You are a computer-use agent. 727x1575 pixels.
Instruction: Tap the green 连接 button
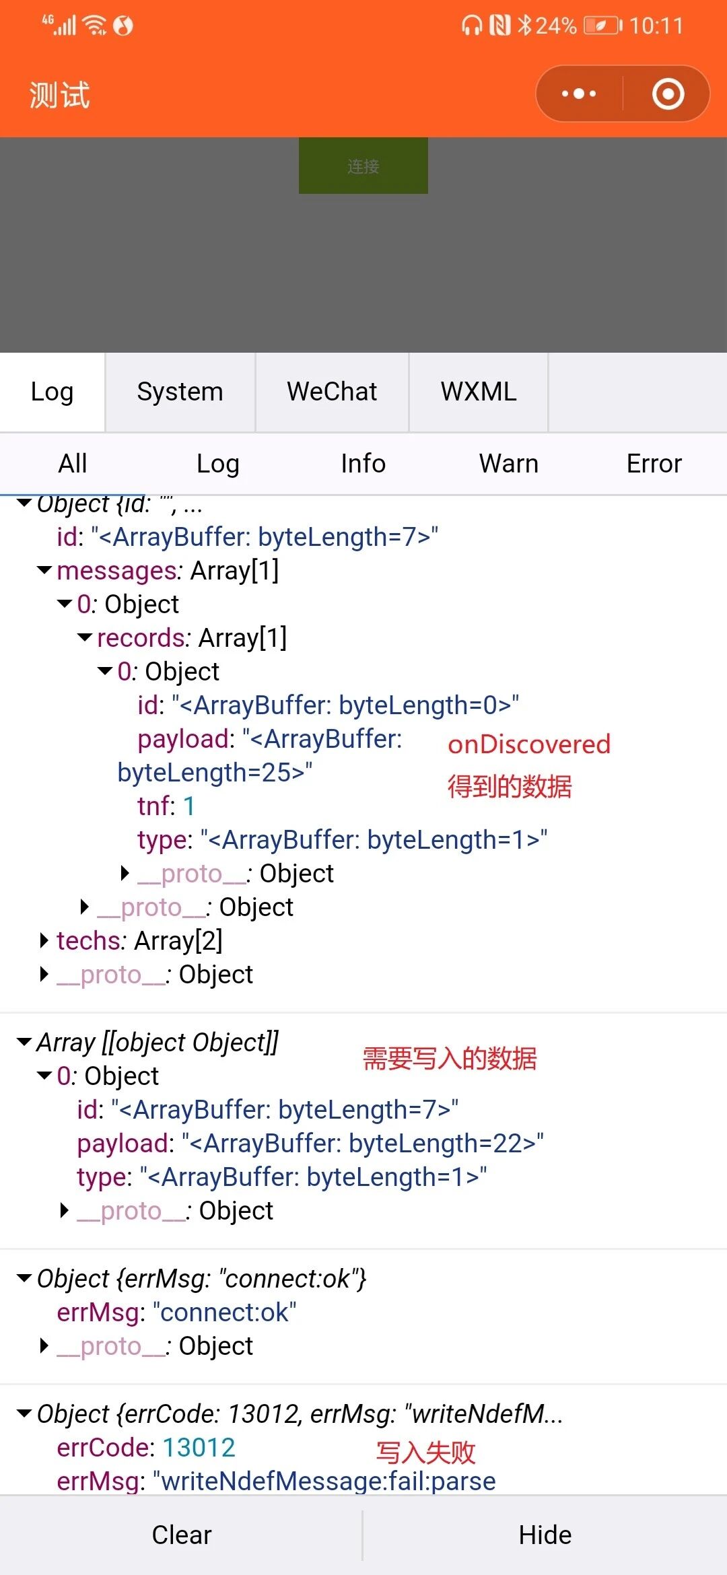click(363, 166)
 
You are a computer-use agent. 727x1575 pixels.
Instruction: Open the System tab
click(180, 392)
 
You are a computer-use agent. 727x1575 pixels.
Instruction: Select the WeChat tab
click(332, 392)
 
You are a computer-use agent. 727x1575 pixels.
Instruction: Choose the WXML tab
click(479, 392)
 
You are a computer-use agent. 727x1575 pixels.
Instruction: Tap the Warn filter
click(508, 464)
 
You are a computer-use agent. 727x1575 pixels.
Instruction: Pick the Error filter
click(654, 464)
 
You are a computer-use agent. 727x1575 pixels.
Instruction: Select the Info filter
click(363, 464)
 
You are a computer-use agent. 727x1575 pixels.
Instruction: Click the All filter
click(73, 464)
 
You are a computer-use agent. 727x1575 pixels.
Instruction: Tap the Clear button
click(181, 1535)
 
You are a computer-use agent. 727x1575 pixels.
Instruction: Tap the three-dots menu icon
click(579, 94)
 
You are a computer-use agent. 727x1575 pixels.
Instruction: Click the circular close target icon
click(668, 94)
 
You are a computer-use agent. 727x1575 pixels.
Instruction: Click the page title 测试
click(59, 95)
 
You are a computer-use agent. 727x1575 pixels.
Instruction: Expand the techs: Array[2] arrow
click(44, 940)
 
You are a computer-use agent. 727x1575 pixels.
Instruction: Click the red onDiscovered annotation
click(529, 744)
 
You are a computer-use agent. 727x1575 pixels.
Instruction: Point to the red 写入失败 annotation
click(425, 1452)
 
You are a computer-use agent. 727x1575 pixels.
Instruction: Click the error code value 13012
click(199, 1448)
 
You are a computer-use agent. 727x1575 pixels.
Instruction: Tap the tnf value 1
click(189, 806)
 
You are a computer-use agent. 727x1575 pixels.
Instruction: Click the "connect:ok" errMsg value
click(225, 1312)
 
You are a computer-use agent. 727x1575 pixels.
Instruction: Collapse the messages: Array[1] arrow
click(44, 571)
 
